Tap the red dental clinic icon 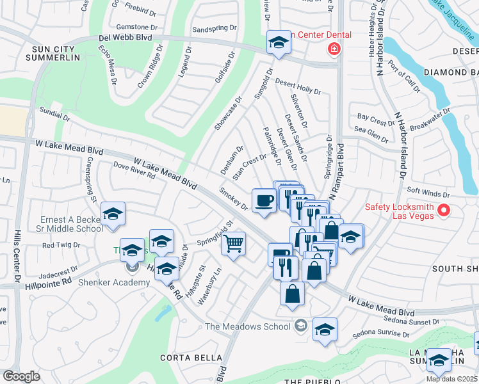coord(333,49)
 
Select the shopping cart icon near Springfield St coord(234,243)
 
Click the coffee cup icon coord(264,201)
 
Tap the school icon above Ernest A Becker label coord(113,214)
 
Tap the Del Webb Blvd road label coord(125,38)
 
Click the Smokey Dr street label coord(233,198)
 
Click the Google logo coord(21,376)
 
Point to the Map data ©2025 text coord(452,379)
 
